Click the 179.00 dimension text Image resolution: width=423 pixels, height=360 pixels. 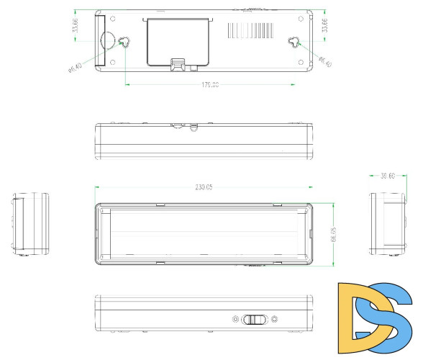tap(209, 86)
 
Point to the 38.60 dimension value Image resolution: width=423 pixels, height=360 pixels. tap(388, 175)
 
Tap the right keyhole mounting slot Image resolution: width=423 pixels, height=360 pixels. tap(295, 42)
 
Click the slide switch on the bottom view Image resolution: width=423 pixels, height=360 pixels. tap(254, 320)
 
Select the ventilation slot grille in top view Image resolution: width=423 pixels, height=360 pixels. tap(251, 30)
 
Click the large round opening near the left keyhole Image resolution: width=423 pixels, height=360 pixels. tap(107, 40)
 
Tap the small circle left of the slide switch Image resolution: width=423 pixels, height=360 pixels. tap(235, 320)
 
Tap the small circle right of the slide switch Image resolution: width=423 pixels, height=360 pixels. tap(274, 320)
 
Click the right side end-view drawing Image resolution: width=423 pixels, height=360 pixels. tap(387, 223)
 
